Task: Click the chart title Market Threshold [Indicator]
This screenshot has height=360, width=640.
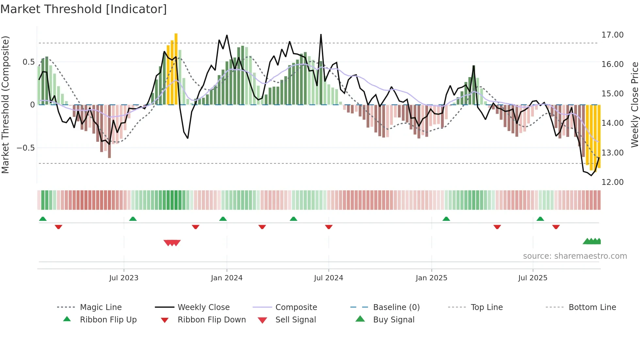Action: [84, 9]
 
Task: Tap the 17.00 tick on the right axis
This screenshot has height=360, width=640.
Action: [612, 35]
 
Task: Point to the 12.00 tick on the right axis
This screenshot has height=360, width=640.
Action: [612, 182]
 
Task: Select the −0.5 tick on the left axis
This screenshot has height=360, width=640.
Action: [25, 148]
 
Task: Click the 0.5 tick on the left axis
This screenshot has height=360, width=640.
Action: [28, 62]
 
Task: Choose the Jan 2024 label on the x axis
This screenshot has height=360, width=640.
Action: [227, 278]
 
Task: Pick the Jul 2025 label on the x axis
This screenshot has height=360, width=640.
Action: [533, 278]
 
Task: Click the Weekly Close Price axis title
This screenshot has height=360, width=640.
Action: [634, 105]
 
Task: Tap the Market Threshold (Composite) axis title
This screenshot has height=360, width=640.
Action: [5, 105]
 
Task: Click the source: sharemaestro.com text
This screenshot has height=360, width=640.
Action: [575, 256]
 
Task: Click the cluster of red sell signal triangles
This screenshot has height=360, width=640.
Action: [172, 243]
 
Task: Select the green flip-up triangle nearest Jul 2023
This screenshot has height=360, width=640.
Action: [133, 219]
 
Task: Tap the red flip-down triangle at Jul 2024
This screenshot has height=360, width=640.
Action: [329, 227]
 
